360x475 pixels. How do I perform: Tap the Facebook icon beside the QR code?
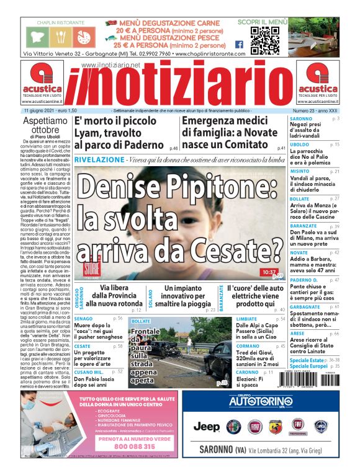click(x=240, y=45)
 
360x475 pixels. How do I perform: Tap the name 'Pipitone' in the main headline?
click(x=236, y=185)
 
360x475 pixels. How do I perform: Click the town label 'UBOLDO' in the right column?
click(x=300, y=144)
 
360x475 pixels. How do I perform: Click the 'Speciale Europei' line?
click(x=310, y=366)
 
